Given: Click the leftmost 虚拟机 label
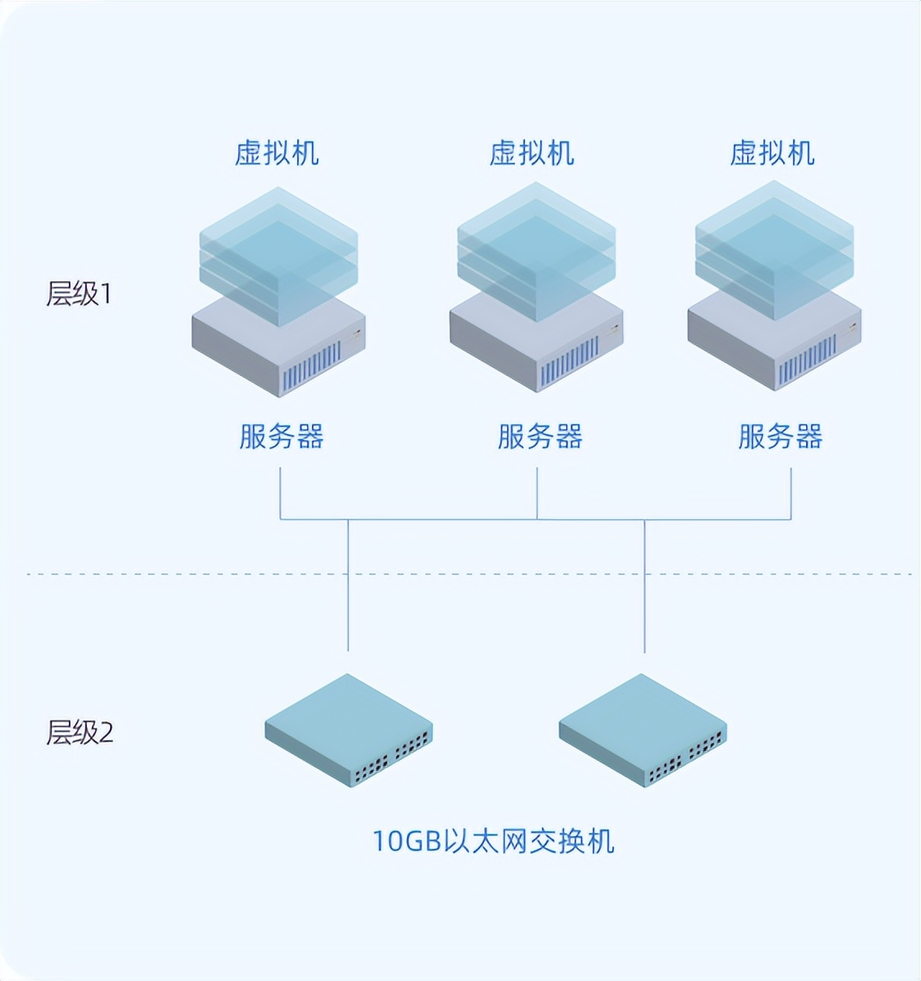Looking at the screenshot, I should [x=277, y=154].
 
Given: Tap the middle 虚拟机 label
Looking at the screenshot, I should [x=532, y=154].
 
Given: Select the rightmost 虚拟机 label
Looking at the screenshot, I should [x=772, y=154].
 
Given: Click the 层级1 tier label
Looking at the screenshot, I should [x=79, y=293].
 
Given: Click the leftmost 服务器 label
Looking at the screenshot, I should [x=282, y=436].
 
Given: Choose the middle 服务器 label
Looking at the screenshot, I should [x=539, y=436].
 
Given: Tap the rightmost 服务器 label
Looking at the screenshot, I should [x=780, y=436].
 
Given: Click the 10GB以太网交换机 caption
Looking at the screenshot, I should [x=493, y=841].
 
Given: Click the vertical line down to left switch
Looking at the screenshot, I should [x=348, y=592].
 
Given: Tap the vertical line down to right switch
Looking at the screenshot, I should [x=644, y=592].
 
